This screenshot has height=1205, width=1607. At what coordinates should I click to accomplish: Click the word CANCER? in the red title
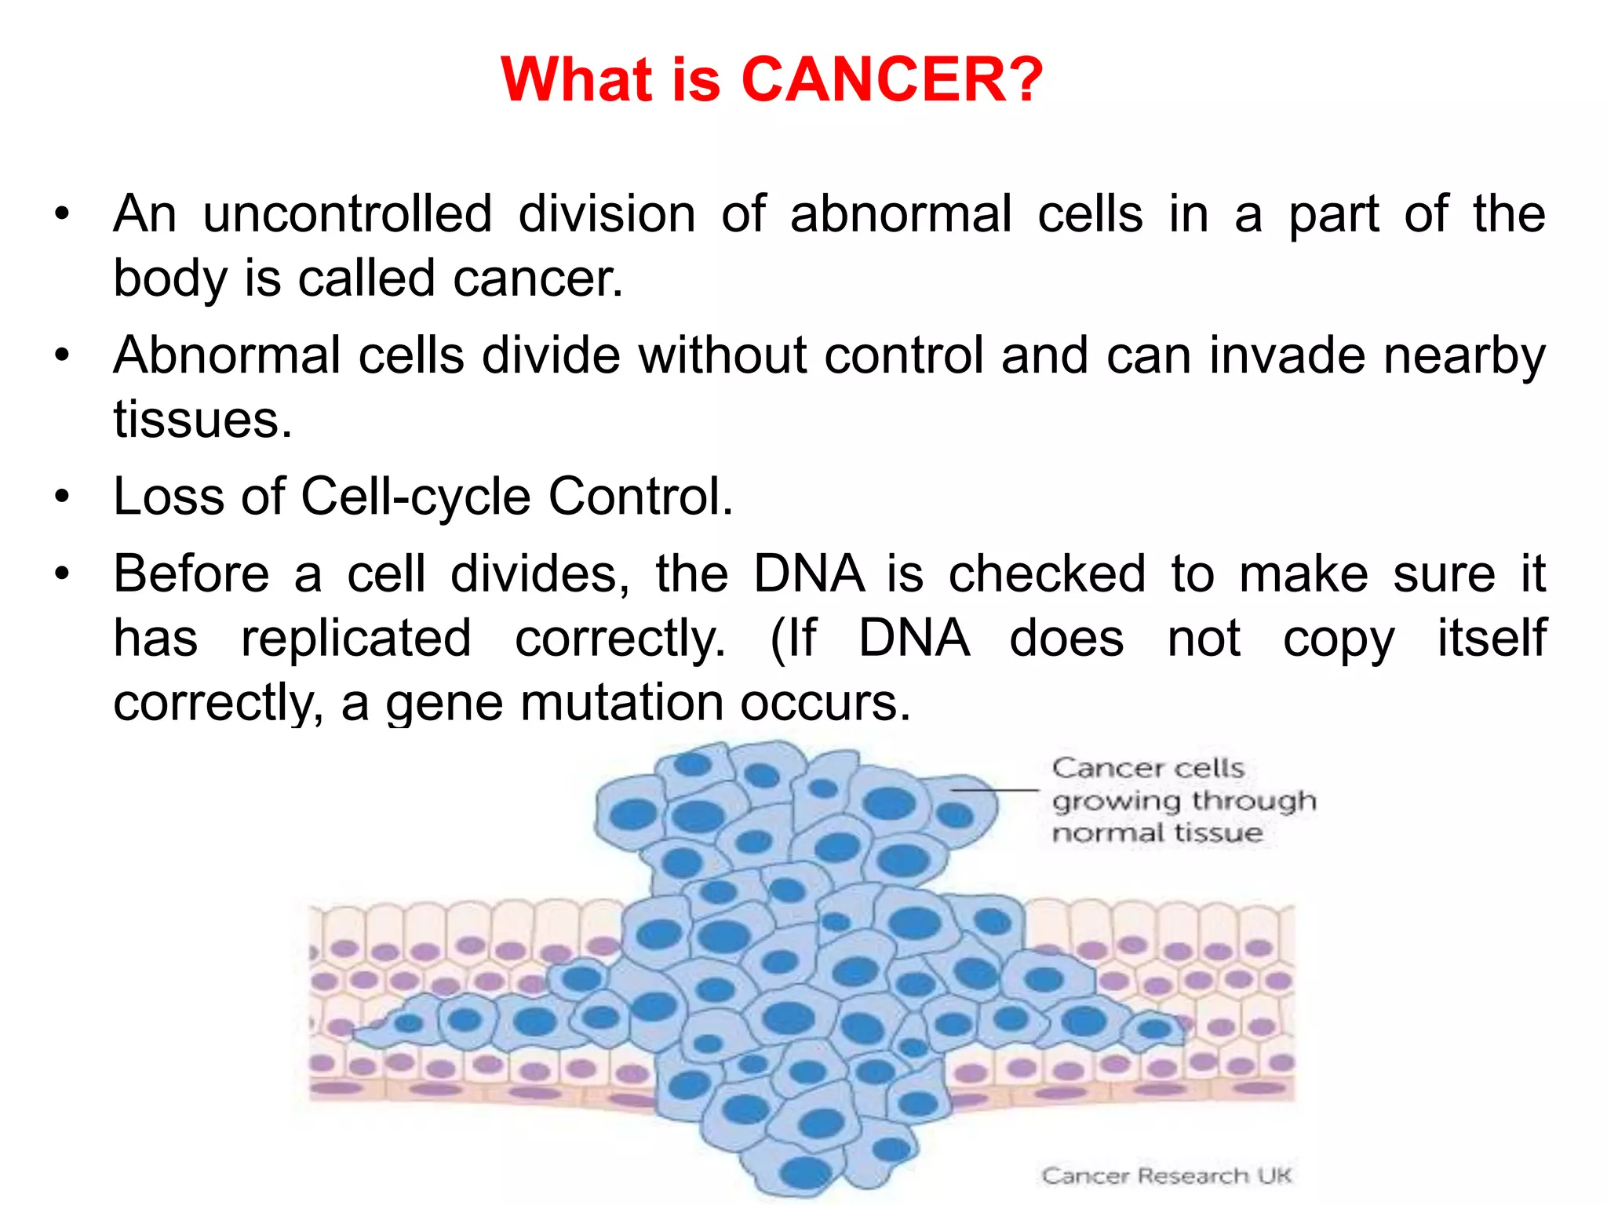coord(891,80)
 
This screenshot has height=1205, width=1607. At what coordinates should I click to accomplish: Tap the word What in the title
coord(577,80)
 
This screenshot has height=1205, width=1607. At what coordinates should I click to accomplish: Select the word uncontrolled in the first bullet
coord(348,214)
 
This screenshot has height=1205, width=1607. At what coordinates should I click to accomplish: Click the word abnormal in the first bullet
coord(901,214)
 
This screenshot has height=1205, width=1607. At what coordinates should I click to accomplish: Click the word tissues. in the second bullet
coord(202,420)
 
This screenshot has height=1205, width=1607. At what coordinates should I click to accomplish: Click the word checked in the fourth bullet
coord(1047,574)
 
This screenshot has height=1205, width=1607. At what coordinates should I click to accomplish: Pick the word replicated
coord(356,638)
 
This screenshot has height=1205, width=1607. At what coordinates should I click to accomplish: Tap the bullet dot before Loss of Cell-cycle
coord(63,497)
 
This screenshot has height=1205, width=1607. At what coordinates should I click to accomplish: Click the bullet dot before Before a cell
coord(63,574)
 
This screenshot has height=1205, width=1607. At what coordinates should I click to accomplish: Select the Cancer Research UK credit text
coord(1166,1176)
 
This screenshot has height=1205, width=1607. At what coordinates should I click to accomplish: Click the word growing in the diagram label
coord(1116,802)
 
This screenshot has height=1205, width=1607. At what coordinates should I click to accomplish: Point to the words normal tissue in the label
coord(1157,833)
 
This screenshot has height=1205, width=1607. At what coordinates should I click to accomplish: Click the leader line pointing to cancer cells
coord(995,790)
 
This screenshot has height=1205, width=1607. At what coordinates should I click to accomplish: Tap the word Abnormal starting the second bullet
coord(227,355)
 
